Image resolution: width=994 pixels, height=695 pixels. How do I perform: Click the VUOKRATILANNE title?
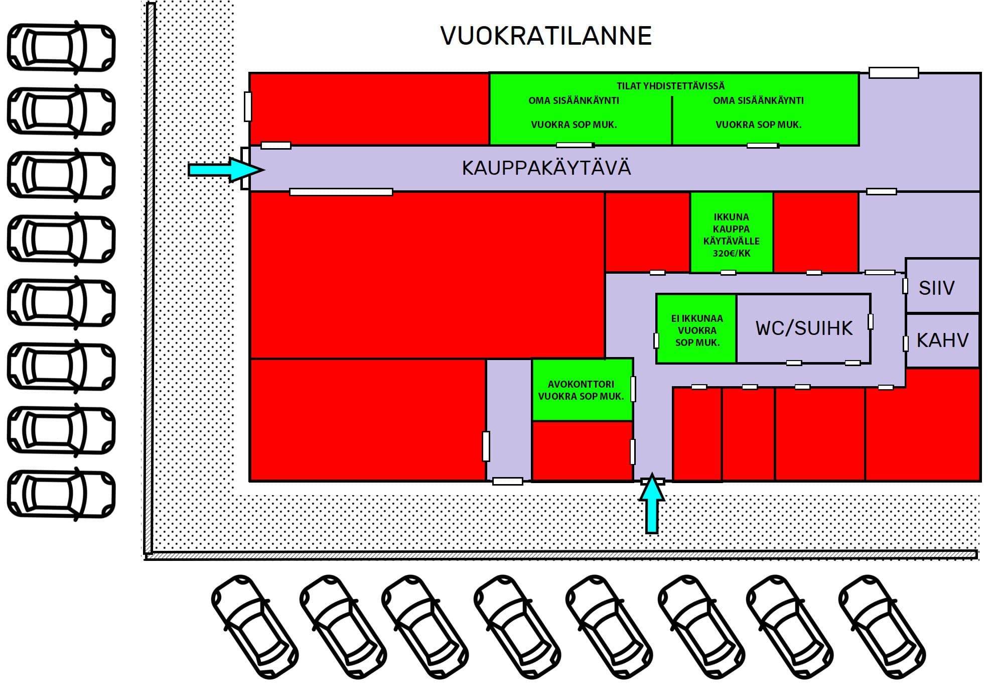coord(546,36)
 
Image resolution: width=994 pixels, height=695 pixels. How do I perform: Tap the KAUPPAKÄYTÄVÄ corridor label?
coord(546,168)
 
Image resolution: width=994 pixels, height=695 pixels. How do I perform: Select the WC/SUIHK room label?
coord(804,328)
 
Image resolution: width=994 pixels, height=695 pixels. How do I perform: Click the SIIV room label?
coord(936,288)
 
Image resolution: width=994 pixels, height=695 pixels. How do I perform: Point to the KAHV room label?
coord(942,340)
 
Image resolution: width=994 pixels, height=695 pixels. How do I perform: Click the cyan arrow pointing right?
coord(226,170)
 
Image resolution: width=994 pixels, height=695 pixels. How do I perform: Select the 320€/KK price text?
coord(732,254)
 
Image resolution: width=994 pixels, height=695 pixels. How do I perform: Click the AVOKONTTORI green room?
coord(582,390)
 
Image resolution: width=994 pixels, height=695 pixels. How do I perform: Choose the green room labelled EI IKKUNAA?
coord(696,328)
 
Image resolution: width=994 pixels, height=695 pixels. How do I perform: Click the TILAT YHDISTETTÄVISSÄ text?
coord(670,86)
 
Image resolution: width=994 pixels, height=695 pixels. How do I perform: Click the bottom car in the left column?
coord(61,494)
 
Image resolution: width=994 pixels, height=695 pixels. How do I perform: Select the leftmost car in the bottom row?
coord(255,627)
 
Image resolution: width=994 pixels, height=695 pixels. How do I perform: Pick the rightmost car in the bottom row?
coord(882,627)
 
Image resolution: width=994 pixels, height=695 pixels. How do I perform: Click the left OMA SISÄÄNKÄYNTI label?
coord(574,100)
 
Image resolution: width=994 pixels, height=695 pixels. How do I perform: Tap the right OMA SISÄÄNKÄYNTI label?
coord(758,100)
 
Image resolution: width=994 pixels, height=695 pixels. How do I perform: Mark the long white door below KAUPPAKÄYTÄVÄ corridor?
coord(341,192)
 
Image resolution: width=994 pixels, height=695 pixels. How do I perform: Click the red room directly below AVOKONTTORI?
coord(582,451)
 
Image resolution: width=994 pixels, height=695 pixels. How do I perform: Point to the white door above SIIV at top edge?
coord(894,72)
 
